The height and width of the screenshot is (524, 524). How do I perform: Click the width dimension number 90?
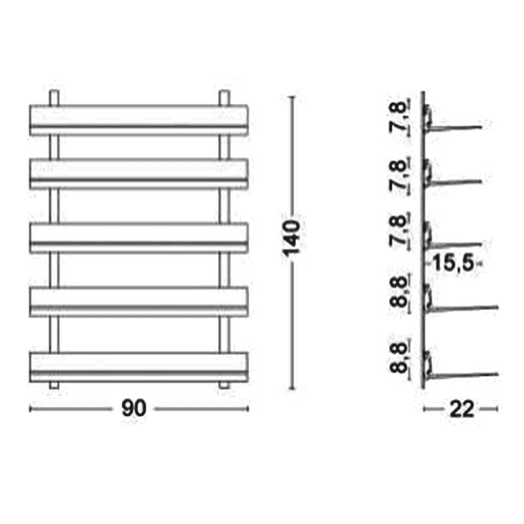[x=134, y=408]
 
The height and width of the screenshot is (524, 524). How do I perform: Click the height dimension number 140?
[x=291, y=238]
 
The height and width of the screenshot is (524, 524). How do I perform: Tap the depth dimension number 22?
[x=462, y=409]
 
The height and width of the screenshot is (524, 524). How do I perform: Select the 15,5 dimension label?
[x=453, y=263]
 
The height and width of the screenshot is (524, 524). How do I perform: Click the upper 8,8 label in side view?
[x=399, y=291]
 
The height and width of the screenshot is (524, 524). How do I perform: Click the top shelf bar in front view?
[x=139, y=121]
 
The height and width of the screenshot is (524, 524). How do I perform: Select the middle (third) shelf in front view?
[x=139, y=238]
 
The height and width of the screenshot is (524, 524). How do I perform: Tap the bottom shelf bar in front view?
[x=139, y=367]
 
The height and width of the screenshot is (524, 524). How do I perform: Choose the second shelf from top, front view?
[x=139, y=174]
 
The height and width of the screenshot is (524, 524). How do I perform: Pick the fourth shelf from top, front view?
[x=139, y=301]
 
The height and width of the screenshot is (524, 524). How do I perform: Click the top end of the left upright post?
[x=54, y=91]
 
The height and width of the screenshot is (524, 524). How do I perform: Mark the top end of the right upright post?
[x=225, y=91]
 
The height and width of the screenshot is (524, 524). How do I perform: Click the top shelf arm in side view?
[x=455, y=128]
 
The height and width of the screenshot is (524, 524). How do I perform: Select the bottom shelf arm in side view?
[x=463, y=375]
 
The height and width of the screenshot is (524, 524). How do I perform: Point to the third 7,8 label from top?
[x=399, y=231]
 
